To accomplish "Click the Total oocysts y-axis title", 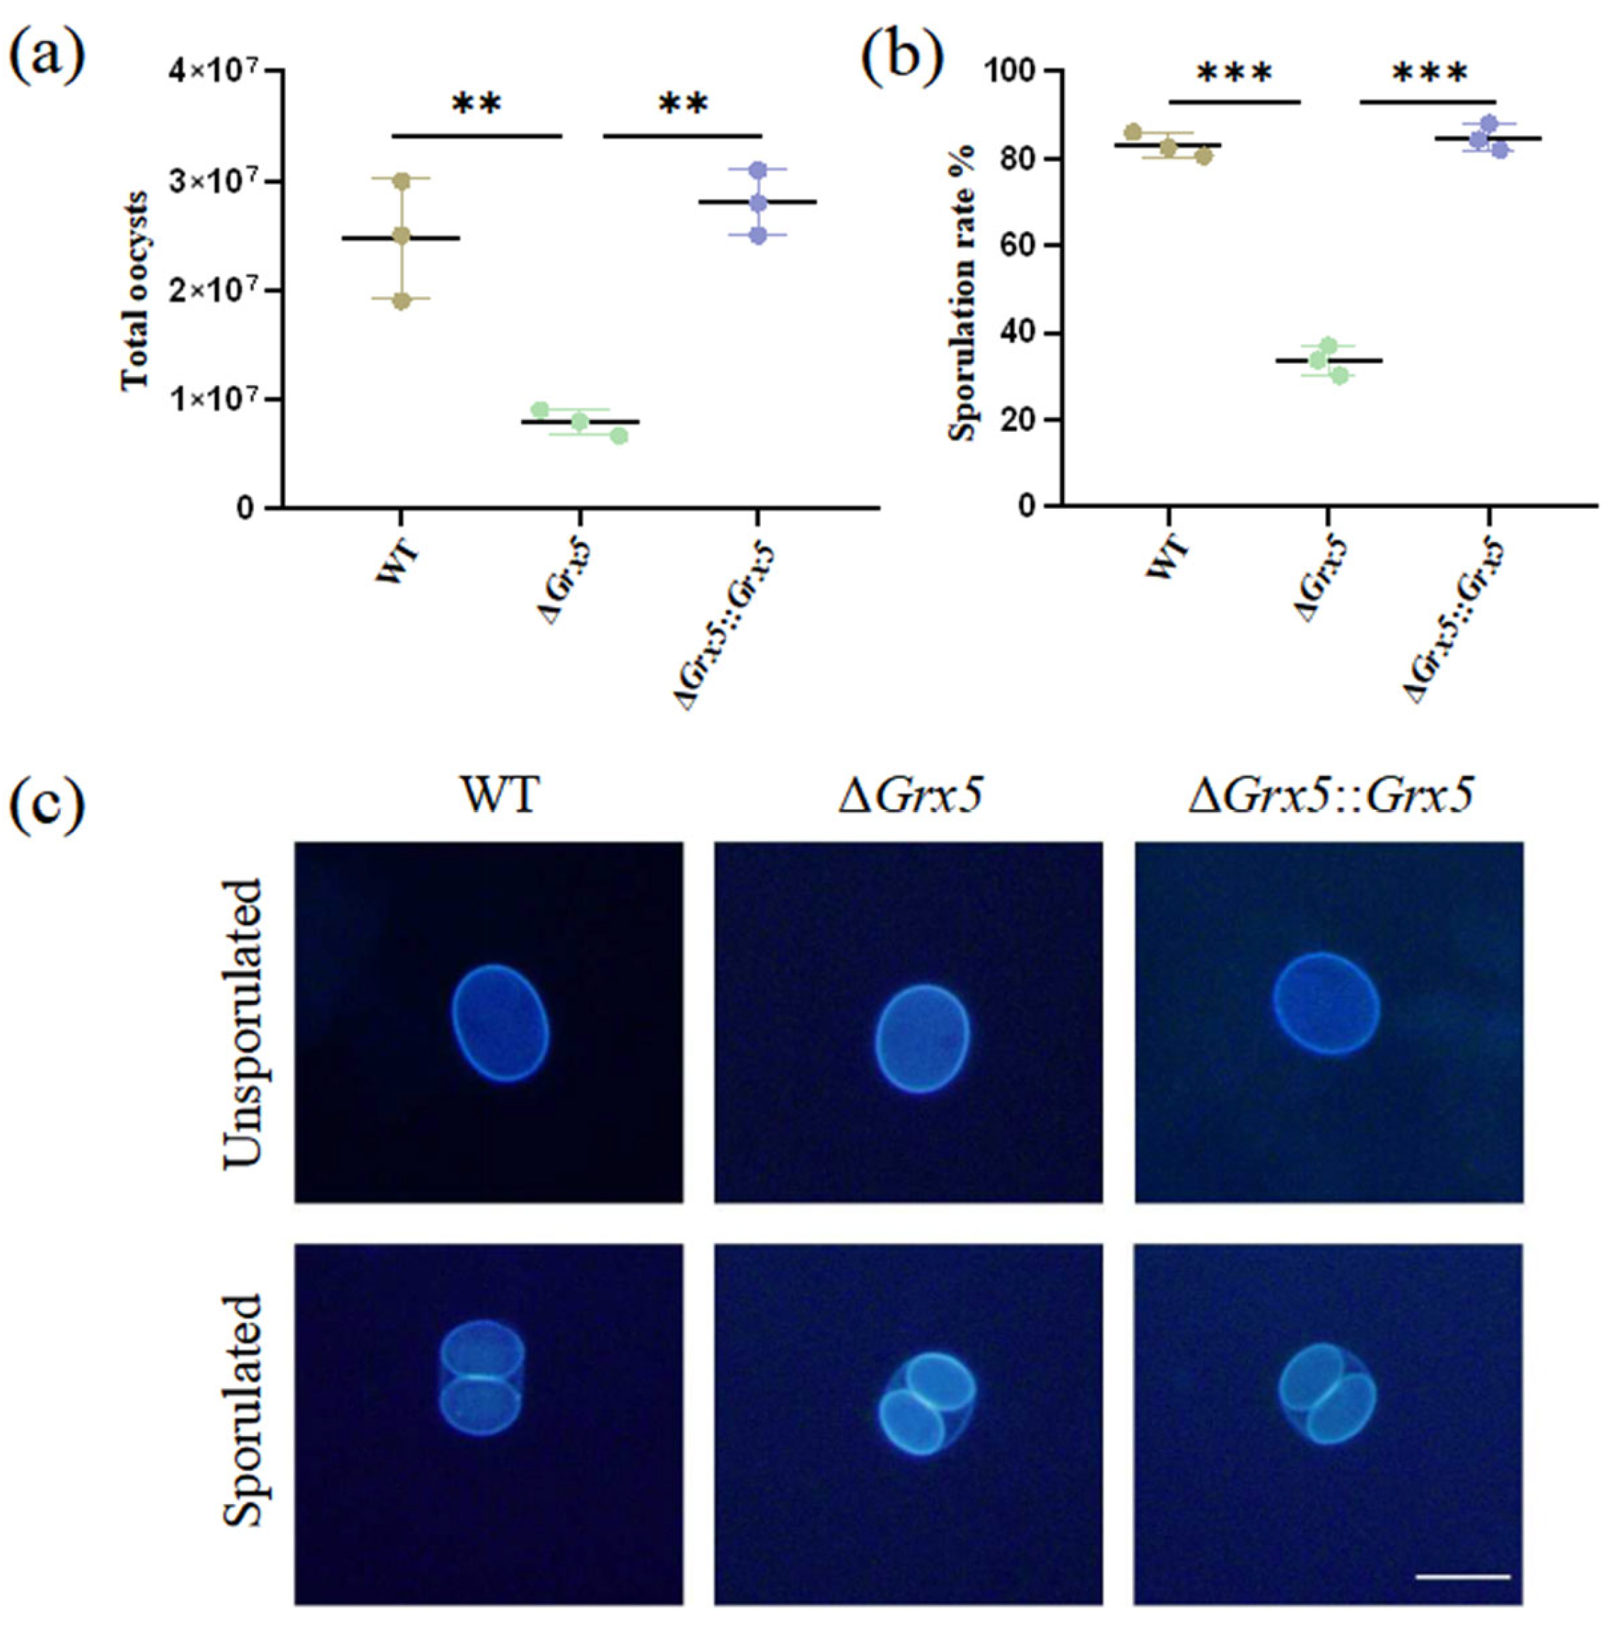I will click(x=135, y=291).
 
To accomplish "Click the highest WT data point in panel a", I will click(x=402, y=181).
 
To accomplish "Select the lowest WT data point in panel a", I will click(x=402, y=300).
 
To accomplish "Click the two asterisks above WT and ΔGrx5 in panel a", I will click(x=477, y=106).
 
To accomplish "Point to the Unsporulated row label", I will click(x=243, y=1023).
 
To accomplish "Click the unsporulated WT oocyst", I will click(x=501, y=1022).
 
